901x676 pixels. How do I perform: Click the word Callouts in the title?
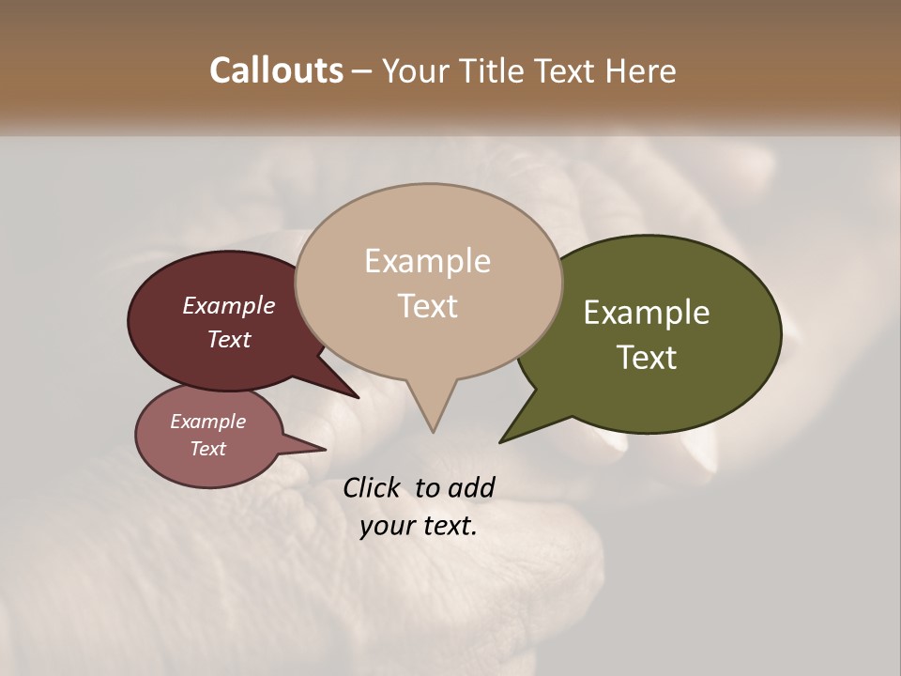click(x=277, y=70)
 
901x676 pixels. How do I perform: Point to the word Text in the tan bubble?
click(x=428, y=305)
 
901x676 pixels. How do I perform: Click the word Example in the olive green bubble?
click(x=647, y=313)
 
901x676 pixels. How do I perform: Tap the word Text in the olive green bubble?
click(x=647, y=358)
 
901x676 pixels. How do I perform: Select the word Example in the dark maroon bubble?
click(x=229, y=305)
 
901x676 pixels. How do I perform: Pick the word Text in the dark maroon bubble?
click(x=229, y=339)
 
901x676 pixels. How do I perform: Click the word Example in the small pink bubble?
click(x=207, y=422)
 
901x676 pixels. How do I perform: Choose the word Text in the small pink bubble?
click(x=207, y=449)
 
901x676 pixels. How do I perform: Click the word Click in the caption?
click(x=374, y=487)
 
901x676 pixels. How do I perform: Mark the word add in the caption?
click(x=471, y=487)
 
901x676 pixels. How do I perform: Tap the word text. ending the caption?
click(x=447, y=526)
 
